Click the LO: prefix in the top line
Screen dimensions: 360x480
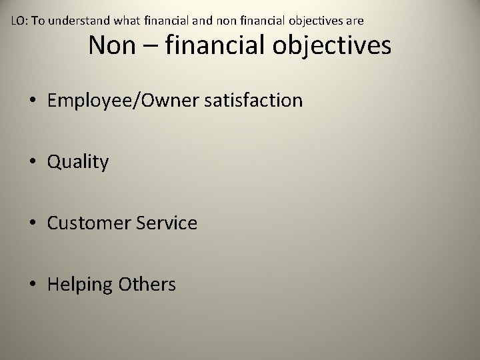(20, 21)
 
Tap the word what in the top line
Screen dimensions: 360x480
(123, 21)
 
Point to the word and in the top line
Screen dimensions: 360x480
(203, 21)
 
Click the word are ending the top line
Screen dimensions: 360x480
(354, 21)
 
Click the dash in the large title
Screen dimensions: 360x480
(151, 47)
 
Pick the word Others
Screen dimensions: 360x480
(147, 285)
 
